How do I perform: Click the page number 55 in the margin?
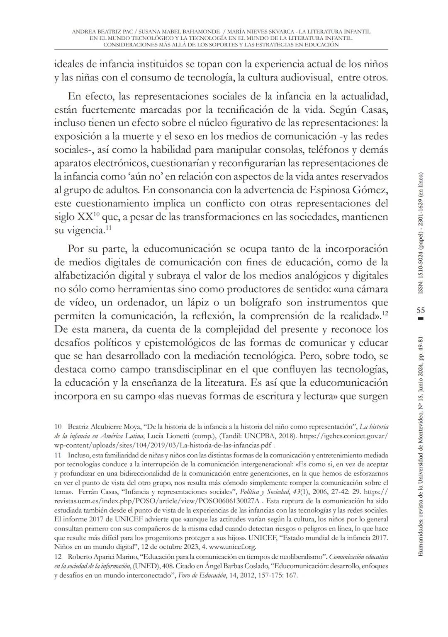click(x=420, y=310)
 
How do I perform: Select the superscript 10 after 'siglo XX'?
click(x=96, y=214)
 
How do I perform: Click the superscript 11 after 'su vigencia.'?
click(x=108, y=228)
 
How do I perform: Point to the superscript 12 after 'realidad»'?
click(x=385, y=313)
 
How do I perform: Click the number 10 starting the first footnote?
click(x=58, y=426)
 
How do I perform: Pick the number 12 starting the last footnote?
click(x=58, y=557)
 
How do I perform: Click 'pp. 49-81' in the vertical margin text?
click(x=420, y=352)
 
